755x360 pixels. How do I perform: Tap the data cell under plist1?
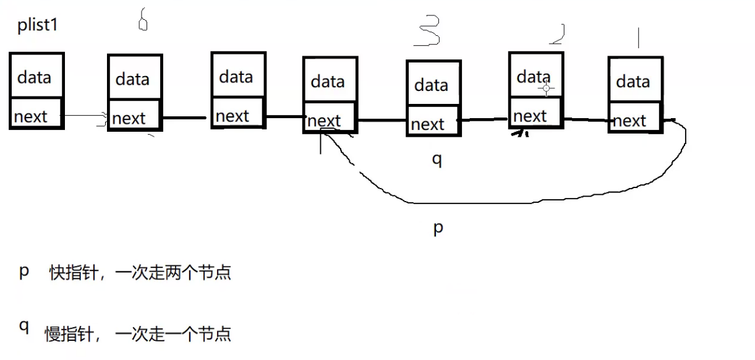[x=36, y=77]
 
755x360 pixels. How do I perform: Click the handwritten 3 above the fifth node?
[x=428, y=31]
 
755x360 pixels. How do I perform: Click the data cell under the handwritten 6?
[x=134, y=79]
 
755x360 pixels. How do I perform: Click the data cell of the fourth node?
[x=329, y=80]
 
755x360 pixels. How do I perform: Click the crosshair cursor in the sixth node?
[x=546, y=88]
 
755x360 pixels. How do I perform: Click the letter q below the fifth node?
[x=437, y=159]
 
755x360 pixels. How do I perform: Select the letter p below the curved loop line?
[x=438, y=228]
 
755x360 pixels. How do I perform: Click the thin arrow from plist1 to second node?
[x=85, y=116]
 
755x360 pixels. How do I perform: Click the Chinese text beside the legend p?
[x=140, y=273]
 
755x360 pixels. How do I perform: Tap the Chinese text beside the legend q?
[x=138, y=334]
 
